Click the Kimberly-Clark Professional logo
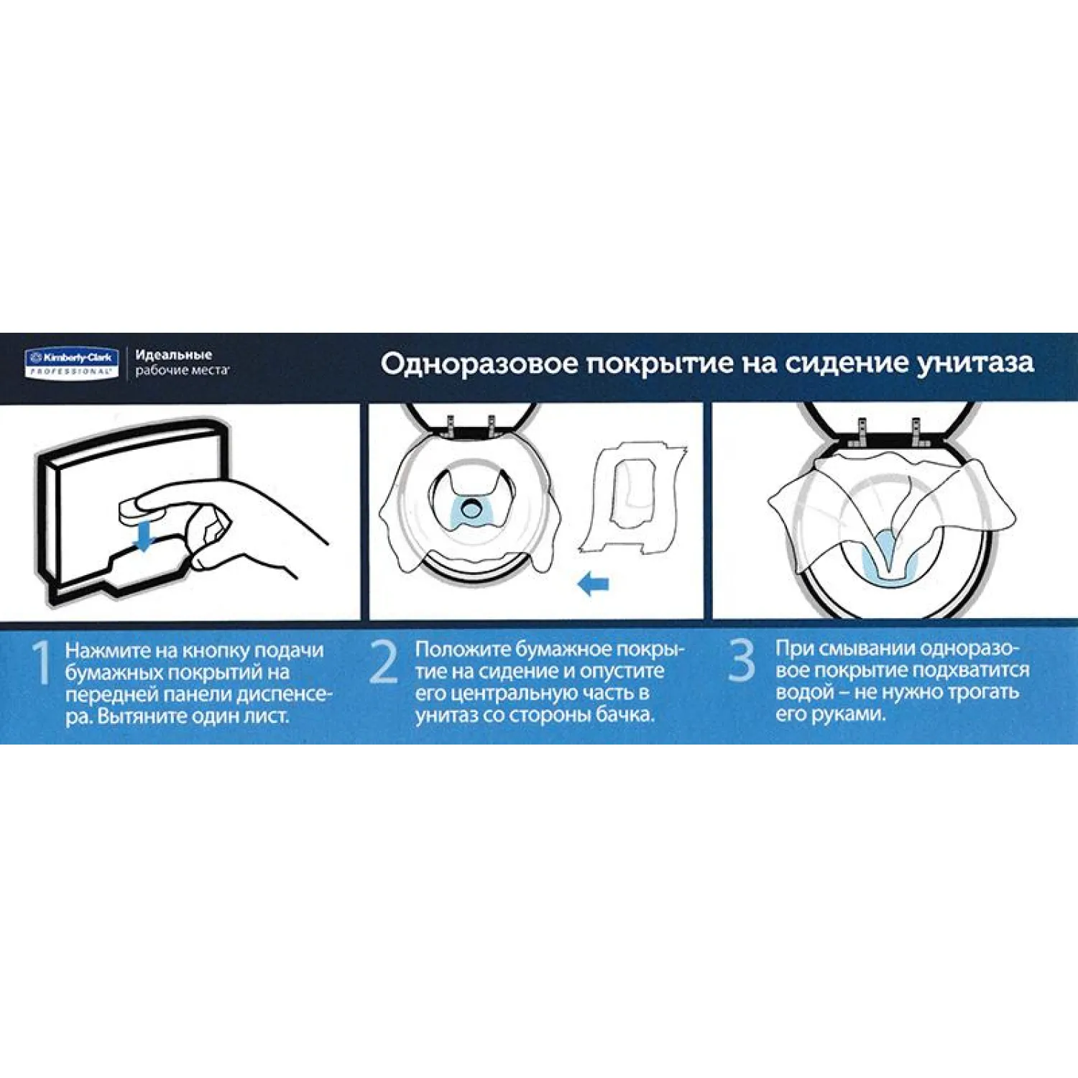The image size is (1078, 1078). [x=71, y=363]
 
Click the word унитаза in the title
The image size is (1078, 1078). [x=975, y=363]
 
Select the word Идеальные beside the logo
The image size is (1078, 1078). [x=173, y=355]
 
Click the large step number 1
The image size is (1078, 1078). [x=42, y=663]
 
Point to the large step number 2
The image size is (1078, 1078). [x=384, y=662]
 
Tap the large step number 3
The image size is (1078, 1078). [x=741, y=660]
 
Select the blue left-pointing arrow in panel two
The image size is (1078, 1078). [x=594, y=583]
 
